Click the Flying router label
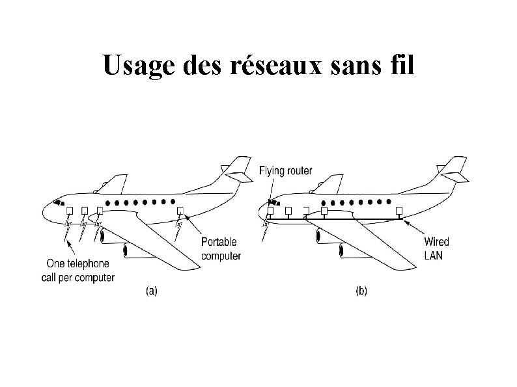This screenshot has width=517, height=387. tap(285, 171)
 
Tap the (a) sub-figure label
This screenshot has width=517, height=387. tap(150, 292)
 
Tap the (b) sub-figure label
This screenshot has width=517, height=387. tap(361, 292)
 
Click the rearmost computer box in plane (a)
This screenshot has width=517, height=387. tap(180, 211)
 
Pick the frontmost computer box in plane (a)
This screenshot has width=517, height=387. tap(68, 210)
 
